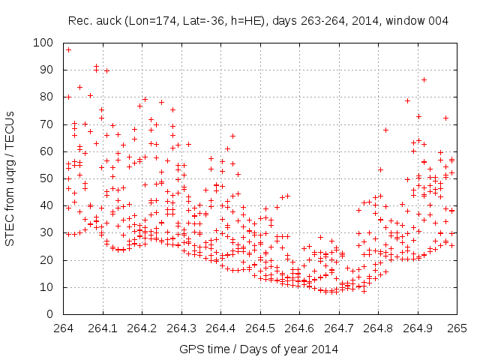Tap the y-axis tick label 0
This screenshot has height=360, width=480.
tap(52, 314)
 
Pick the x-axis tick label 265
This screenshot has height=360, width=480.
tap(457, 328)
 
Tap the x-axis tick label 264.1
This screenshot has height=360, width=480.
tap(103, 328)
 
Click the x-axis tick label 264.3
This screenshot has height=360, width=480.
tap(181, 328)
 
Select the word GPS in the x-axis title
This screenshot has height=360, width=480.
tap(190, 349)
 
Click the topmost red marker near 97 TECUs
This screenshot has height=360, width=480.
tap(68, 49)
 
